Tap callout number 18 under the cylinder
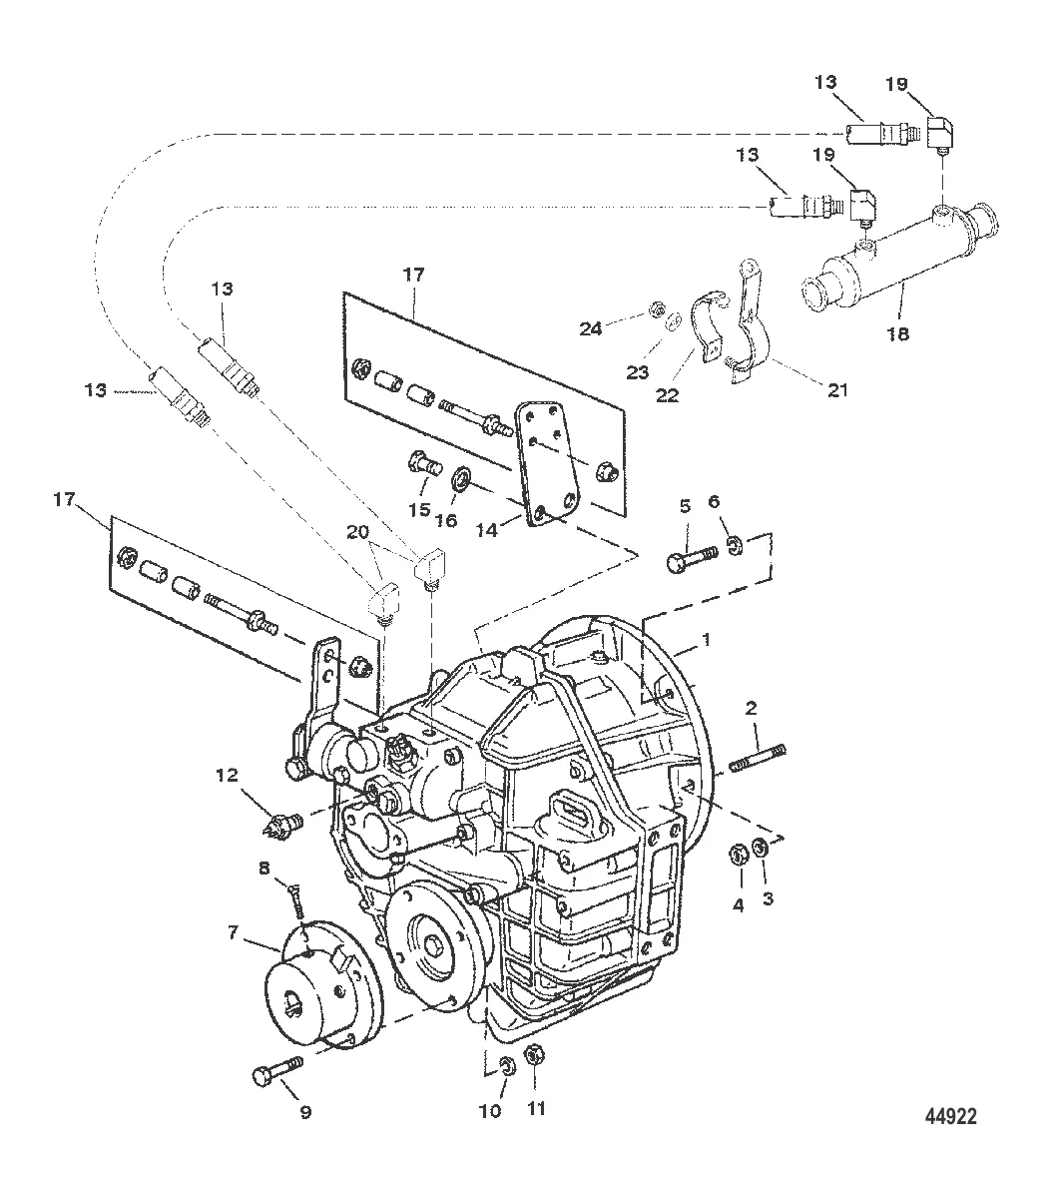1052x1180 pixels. [898, 333]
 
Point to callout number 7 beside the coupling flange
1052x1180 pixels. [233, 932]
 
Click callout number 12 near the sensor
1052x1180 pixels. [228, 774]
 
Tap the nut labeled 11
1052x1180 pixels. [534, 1054]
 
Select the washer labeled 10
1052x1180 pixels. [507, 1064]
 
